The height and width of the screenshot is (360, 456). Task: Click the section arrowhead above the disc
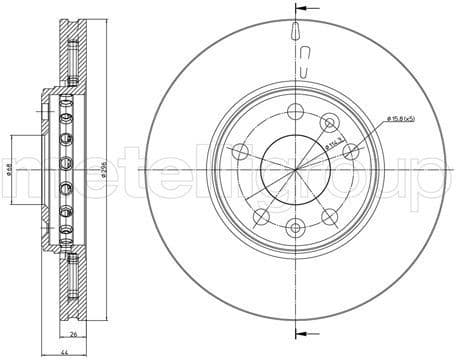tap(298, 12)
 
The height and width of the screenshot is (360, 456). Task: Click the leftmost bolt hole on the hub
tap(240, 151)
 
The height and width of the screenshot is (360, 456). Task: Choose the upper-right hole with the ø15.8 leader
tap(328, 122)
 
